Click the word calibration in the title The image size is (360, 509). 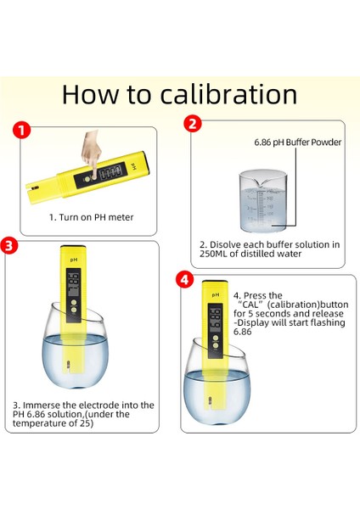click(x=228, y=94)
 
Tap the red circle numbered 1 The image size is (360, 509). click(x=21, y=131)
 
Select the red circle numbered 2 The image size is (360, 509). click(x=193, y=124)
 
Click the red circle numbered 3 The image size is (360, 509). click(x=8, y=245)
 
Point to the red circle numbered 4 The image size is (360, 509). click(x=184, y=280)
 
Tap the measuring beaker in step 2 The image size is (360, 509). click(x=263, y=201)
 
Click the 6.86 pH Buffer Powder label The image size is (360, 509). click(x=298, y=143)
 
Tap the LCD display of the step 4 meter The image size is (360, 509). click(x=215, y=318)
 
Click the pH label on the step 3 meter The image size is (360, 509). click(x=74, y=260)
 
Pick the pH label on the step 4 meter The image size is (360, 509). click(x=216, y=294)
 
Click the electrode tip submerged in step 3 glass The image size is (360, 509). click(x=68, y=366)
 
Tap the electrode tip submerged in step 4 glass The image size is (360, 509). click(x=210, y=401)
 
